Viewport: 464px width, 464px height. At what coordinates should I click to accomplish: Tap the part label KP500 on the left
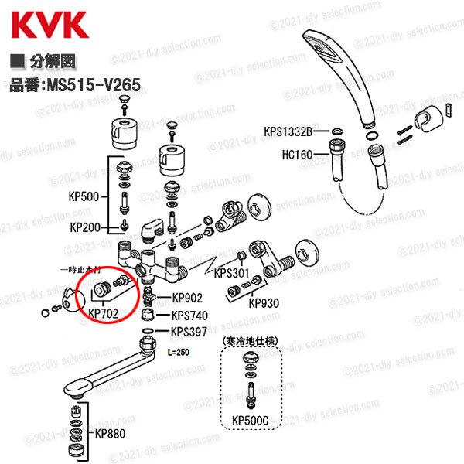coord(84,197)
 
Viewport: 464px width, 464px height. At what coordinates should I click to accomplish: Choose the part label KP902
coord(187,297)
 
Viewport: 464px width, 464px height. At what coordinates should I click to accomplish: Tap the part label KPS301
coord(229,273)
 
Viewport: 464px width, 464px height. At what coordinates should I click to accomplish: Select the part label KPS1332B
coord(289,132)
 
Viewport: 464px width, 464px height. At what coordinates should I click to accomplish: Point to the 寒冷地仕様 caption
coord(251,340)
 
